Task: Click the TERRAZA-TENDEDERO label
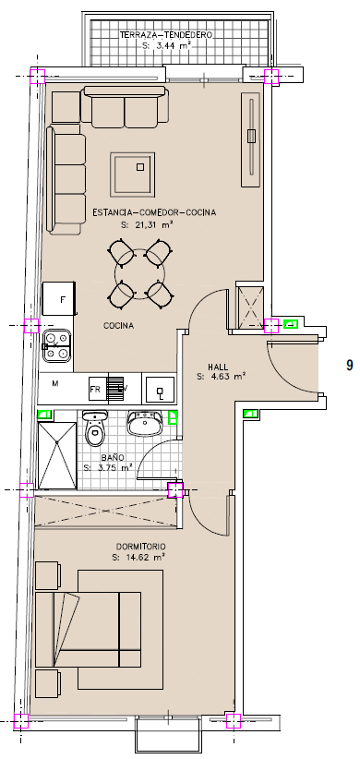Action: click(x=166, y=35)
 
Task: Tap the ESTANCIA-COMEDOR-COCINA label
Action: click(x=154, y=212)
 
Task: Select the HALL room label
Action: click(x=218, y=367)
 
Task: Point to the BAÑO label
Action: click(x=113, y=457)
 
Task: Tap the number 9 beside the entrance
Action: click(x=349, y=365)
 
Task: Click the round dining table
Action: click(x=140, y=273)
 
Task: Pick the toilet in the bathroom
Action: click(x=95, y=429)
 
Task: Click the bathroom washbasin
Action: click(x=145, y=424)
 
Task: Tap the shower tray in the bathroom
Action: click(x=57, y=455)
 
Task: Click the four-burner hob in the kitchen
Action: click(x=56, y=346)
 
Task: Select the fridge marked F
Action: click(x=59, y=298)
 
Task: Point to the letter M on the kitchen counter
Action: click(x=55, y=383)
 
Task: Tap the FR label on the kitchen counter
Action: click(x=95, y=389)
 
